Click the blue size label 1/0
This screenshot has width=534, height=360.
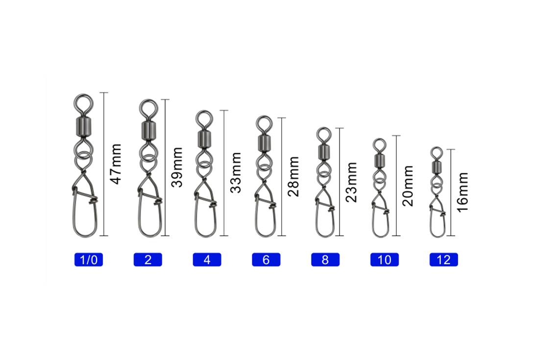click(89, 260)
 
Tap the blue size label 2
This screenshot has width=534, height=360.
click(148, 260)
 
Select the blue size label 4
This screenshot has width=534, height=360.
click(207, 260)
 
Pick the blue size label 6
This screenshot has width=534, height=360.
click(266, 260)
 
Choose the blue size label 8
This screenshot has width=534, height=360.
click(325, 260)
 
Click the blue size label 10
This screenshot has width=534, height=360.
click(385, 260)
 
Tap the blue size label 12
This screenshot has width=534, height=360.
click(444, 260)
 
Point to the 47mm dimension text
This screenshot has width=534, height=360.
click(116, 164)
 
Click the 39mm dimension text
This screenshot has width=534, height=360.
click(177, 167)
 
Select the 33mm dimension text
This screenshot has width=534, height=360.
click(236, 173)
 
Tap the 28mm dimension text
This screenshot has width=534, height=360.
click(293, 176)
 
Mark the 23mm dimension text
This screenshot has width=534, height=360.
click(351, 182)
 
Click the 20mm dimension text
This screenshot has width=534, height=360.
click(408, 186)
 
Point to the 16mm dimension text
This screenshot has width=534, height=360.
click(463, 192)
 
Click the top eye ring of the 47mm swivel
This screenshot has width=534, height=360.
click(83, 95)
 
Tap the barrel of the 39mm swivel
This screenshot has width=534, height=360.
click(148, 130)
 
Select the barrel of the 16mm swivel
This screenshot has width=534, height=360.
click(437, 167)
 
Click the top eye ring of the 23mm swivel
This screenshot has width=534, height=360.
click(324, 128)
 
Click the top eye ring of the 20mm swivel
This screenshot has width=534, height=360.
click(379, 139)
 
